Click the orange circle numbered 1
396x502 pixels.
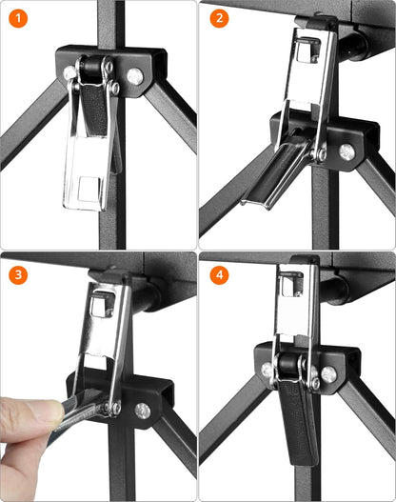(x=18, y=18)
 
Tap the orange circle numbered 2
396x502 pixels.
(x=220, y=18)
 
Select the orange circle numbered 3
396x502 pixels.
(x=18, y=274)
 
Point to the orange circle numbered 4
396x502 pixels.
(x=220, y=274)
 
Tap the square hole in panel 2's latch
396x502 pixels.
(x=307, y=50)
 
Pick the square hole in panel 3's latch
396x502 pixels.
(x=102, y=305)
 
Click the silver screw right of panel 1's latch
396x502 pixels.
(x=135, y=76)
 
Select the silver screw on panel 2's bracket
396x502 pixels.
(x=346, y=151)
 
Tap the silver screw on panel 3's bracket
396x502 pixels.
(x=143, y=411)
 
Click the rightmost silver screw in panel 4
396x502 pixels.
(x=328, y=374)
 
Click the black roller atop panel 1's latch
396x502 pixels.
(x=92, y=67)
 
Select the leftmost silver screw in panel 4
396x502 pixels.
(x=267, y=371)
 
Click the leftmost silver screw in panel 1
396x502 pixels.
(x=69, y=73)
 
